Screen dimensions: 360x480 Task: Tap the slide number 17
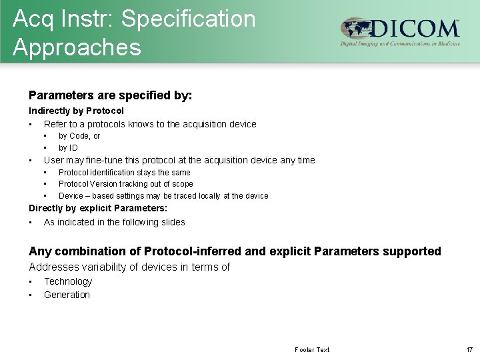[x=469, y=350]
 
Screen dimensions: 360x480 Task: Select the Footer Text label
[x=312, y=350]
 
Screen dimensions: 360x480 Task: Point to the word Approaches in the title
[x=77, y=47]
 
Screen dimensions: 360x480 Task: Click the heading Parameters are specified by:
[x=110, y=95]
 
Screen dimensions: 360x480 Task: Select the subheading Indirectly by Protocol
[x=76, y=111]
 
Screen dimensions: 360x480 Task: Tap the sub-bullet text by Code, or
[x=79, y=136]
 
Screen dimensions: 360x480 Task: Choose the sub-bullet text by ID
[x=68, y=148]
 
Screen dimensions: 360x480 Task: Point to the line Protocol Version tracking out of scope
[x=125, y=184]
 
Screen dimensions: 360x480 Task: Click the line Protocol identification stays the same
[x=124, y=173]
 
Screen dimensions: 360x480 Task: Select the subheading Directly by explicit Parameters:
[x=98, y=209]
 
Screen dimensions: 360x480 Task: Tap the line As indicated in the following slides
[x=114, y=222]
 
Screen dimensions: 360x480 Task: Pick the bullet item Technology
[x=68, y=282]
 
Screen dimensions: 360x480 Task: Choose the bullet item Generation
[x=67, y=295]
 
